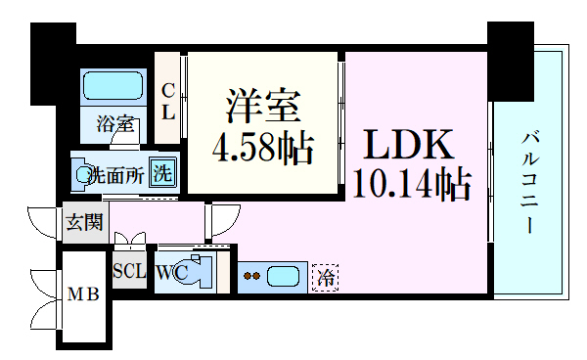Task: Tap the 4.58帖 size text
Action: click(x=262, y=150)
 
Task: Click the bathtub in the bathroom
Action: click(x=114, y=87)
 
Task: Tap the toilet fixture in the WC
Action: click(x=204, y=272)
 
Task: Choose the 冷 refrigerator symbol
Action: click(x=327, y=277)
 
